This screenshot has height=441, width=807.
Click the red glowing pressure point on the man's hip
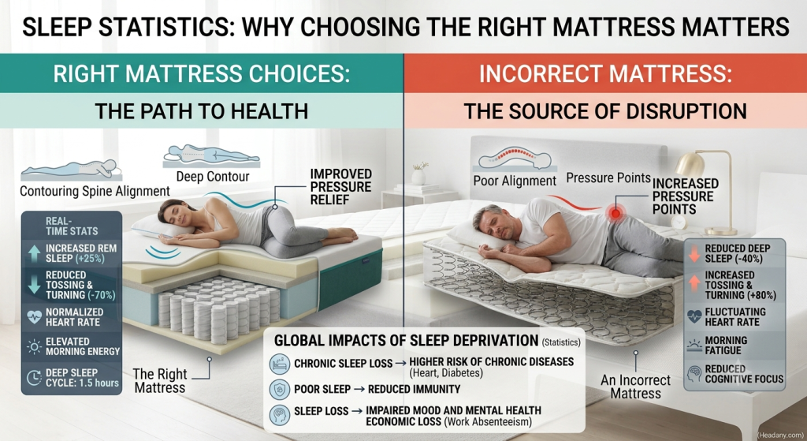point(614,212)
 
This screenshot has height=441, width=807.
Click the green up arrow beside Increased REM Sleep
point(34,253)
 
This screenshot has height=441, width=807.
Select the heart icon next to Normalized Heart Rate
point(34,317)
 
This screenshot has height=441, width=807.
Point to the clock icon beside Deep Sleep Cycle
point(34,378)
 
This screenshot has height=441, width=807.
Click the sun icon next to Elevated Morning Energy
point(34,346)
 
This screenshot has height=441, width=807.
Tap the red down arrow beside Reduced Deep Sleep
point(694,253)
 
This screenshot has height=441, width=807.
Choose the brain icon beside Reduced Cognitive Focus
point(694,373)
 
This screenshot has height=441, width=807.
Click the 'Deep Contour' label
point(213,177)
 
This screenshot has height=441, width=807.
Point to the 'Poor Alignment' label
point(515,181)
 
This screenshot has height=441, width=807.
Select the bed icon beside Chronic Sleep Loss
point(280,364)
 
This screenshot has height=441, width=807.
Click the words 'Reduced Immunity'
point(414,389)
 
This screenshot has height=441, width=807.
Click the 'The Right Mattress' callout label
point(159,381)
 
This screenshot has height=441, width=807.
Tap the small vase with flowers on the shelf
point(419,174)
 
